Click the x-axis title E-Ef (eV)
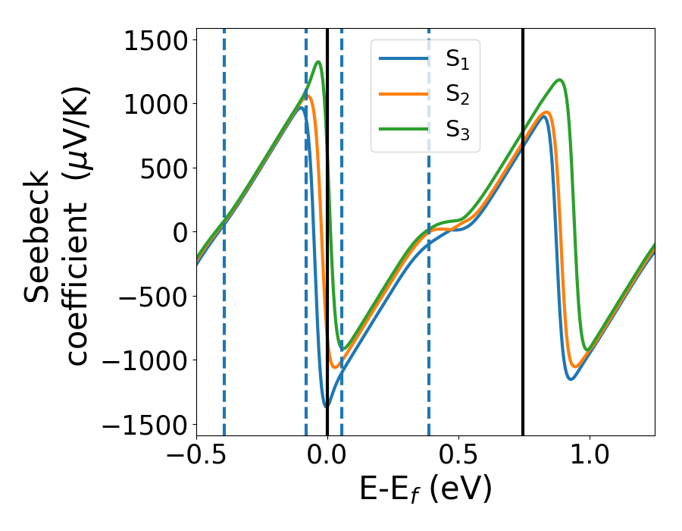[x=425, y=490]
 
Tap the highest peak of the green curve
[x=318, y=62]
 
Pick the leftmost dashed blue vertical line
[x=224, y=228]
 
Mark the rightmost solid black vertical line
[x=523, y=228]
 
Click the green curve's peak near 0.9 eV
[x=559, y=80]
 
